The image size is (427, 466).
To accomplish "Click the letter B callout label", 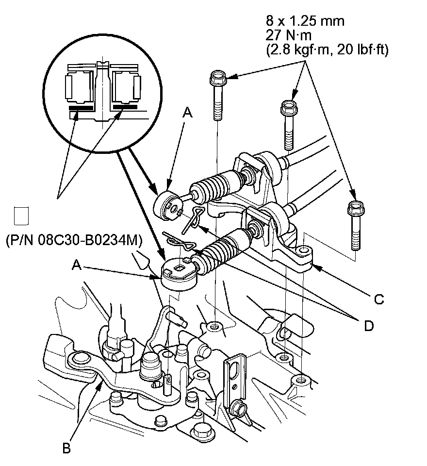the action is (66, 448).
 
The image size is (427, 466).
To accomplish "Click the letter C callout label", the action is (379, 299).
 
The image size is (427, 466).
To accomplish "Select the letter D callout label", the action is (369, 326).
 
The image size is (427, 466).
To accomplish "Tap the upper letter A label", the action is (187, 113).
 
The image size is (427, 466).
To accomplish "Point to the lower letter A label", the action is (77, 265).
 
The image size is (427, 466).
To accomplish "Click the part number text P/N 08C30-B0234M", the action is (74, 240).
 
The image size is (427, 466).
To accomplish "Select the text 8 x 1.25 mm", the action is (305, 21).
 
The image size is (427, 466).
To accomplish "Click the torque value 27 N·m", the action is (289, 35).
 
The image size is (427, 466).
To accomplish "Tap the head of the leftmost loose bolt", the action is (218, 78).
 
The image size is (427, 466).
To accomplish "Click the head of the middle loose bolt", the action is (289, 108).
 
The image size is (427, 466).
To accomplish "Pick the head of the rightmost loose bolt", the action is (356, 208).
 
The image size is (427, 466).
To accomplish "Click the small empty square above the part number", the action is (21, 216).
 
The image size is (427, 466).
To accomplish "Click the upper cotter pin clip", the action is (193, 219).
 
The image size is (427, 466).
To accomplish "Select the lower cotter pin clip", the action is (179, 241).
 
